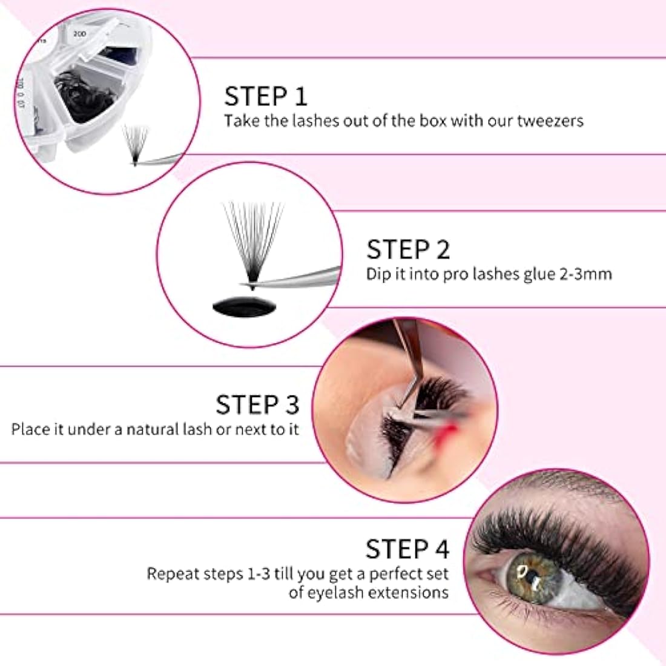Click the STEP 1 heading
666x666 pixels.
tap(266, 96)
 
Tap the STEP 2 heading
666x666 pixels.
tap(408, 249)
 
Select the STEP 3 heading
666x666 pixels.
tap(257, 404)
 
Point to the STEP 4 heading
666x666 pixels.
tap(407, 549)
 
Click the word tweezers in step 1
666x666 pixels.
tap(550, 120)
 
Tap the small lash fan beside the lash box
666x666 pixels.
tap(135, 143)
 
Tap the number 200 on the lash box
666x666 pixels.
tap(79, 34)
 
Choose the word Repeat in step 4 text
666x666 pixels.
tap(172, 573)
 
